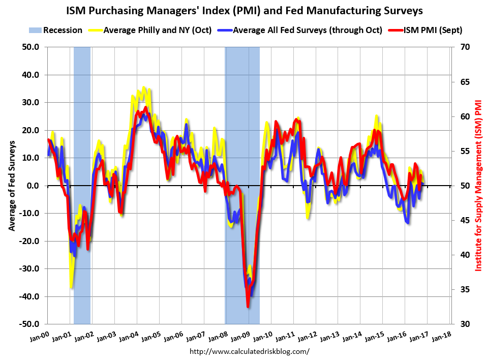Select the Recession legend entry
56,30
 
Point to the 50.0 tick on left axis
30,47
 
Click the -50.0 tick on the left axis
29,324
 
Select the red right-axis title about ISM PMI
478,185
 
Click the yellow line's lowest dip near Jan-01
71,288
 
